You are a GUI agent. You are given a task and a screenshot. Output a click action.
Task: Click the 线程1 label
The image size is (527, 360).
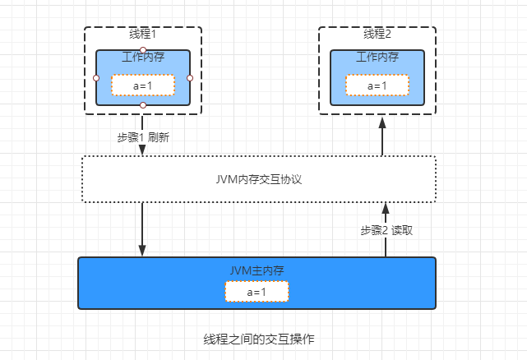click(x=142, y=35)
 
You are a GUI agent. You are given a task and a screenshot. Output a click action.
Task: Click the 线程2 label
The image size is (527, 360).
click(x=377, y=35)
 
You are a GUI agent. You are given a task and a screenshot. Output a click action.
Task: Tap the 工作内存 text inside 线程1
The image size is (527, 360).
click(x=142, y=58)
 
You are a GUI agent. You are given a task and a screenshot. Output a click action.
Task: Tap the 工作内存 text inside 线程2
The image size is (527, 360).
click(x=377, y=58)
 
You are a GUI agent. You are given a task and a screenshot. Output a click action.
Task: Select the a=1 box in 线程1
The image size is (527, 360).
click(x=142, y=85)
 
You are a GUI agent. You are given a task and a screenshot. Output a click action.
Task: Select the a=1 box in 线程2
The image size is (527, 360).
click(x=377, y=85)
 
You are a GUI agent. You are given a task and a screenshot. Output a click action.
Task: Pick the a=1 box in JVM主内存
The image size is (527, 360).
click(x=257, y=292)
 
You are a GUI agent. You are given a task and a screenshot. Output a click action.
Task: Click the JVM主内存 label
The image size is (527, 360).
click(x=257, y=270)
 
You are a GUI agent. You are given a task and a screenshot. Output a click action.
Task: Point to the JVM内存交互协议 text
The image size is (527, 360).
click(x=257, y=178)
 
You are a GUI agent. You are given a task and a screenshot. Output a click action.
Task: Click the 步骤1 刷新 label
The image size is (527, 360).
click(x=143, y=137)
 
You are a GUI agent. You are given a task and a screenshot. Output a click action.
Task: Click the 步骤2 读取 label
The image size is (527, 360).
click(x=386, y=230)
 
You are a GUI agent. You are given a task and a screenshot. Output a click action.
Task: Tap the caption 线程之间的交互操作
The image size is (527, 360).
click(x=258, y=339)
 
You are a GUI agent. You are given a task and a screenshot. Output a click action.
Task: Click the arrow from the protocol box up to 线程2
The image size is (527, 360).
click(x=381, y=135)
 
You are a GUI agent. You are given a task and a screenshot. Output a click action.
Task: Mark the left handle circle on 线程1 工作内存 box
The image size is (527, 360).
click(x=96, y=78)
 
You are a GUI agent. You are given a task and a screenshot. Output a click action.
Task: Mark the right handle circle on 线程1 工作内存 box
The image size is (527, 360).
click(x=190, y=78)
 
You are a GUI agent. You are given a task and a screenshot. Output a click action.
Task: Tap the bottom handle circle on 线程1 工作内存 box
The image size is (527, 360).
click(x=143, y=105)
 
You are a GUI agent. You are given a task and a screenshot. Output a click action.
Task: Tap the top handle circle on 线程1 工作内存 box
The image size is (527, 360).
click(x=143, y=50)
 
